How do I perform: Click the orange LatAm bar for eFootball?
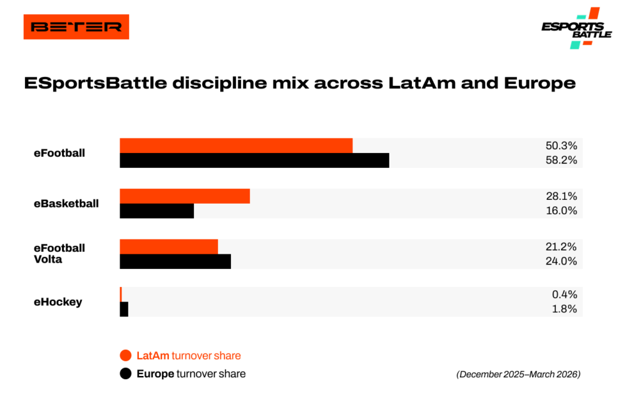236,145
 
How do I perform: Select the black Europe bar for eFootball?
254,160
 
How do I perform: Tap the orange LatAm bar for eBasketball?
185,196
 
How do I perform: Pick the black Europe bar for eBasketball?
156,211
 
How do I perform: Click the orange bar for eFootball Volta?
169,247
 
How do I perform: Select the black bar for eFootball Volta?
175,261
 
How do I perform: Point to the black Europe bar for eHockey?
124,310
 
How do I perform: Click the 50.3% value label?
562,145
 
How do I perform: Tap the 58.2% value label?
562,160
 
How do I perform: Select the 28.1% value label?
562,196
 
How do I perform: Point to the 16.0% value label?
562,211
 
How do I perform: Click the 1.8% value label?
564,309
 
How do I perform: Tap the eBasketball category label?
66,204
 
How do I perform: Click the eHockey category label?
58,302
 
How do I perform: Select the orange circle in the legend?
125,355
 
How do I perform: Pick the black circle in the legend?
125,374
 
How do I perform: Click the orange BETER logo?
76,27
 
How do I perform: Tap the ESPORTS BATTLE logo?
577,28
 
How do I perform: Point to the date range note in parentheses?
518,374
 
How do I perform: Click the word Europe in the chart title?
540,83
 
